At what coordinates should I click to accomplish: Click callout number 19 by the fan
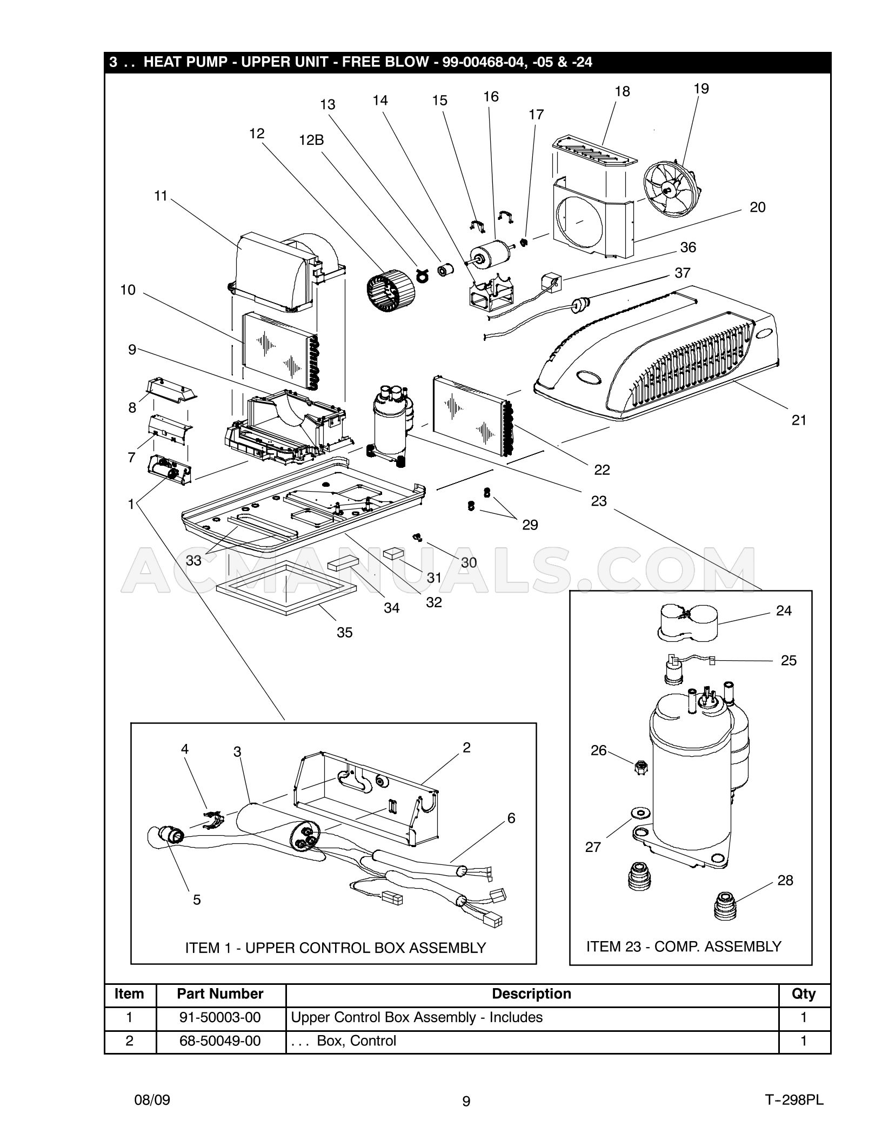coord(700,89)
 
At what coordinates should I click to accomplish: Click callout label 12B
coord(311,140)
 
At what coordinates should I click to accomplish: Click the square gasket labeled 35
coord(285,587)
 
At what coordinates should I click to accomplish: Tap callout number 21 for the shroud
coord(798,420)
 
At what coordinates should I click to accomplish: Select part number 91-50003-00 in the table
coord(220,1017)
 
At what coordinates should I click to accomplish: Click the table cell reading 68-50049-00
coord(220,1041)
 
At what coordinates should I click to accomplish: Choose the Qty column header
coord(804,994)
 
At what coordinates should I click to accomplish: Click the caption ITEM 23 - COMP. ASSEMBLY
coord(684,947)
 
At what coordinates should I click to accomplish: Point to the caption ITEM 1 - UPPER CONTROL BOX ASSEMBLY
coord(335,948)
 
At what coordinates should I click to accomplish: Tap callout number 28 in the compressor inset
coord(785,880)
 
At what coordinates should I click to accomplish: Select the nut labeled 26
coord(640,767)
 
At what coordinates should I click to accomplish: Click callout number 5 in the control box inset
coord(197,900)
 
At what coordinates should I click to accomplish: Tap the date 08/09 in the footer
coord(152,1100)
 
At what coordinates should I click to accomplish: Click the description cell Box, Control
coord(357,1041)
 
